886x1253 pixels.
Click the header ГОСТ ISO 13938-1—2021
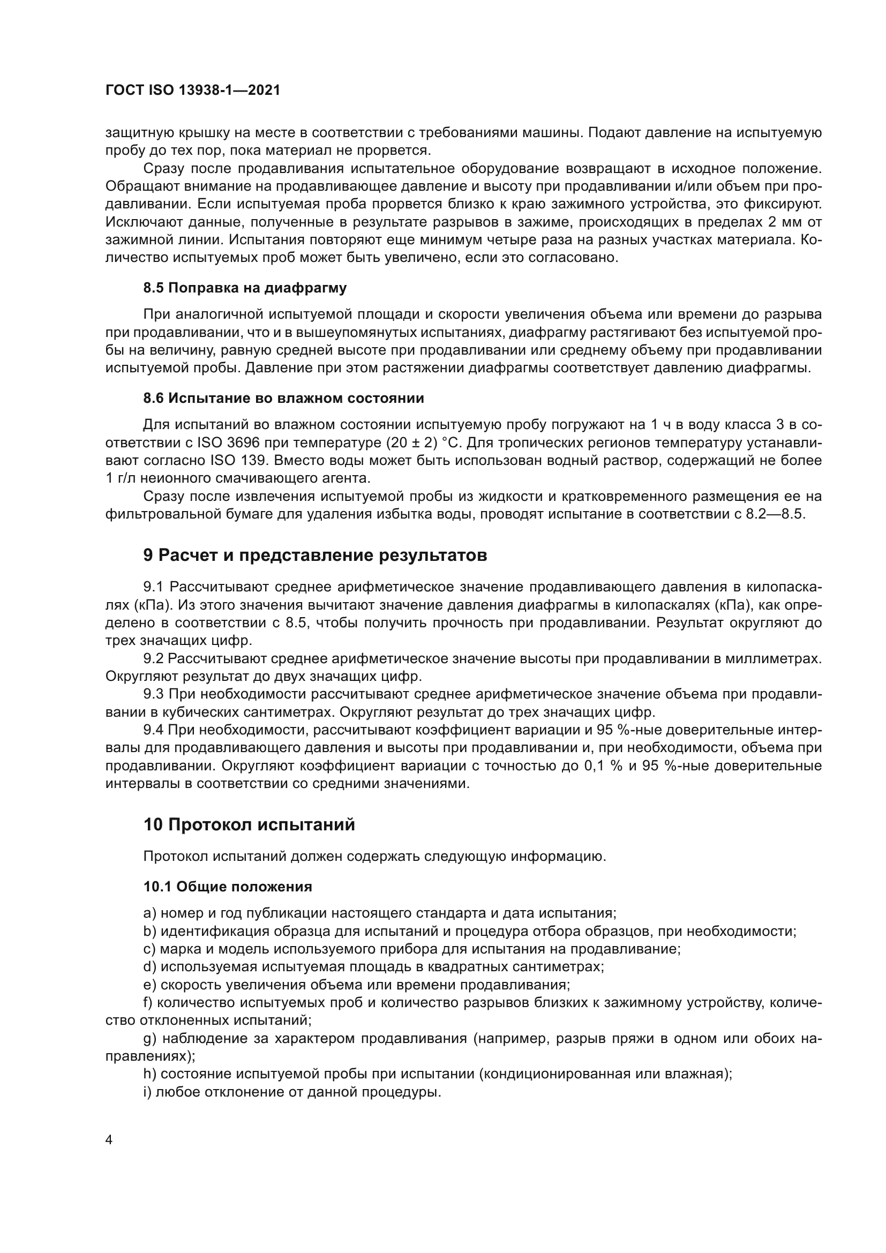point(193,91)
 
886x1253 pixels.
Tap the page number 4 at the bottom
point(109,1140)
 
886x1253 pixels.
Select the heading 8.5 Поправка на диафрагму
point(245,288)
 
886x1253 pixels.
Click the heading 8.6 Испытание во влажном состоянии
point(284,399)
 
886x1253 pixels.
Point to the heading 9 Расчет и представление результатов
point(315,556)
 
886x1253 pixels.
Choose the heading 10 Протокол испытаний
point(249,824)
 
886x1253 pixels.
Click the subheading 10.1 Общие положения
point(228,887)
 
